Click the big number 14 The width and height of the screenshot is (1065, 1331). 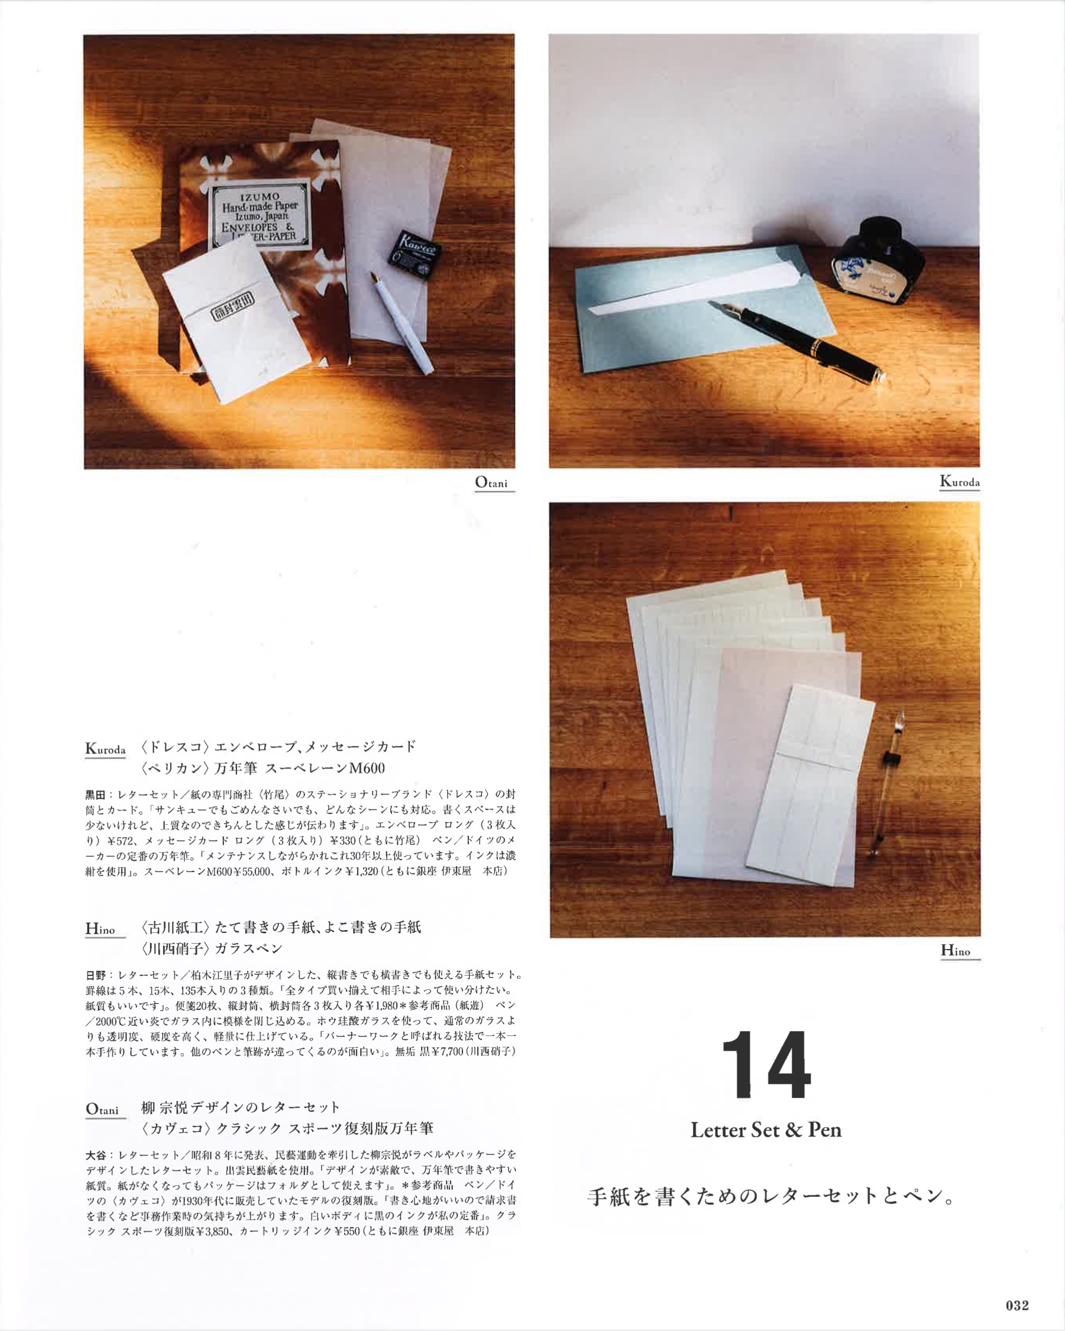(766, 1064)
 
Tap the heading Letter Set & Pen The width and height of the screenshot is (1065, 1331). (766, 1131)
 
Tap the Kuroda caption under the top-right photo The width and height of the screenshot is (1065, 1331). (959, 481)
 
